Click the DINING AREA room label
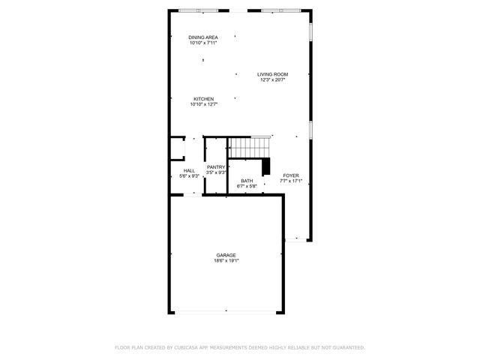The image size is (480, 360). tap(203, 37)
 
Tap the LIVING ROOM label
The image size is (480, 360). tap(273, 74)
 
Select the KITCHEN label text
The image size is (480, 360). tap(204, 99)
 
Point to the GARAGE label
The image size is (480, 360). tap(226, 256)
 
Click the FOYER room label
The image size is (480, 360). tap(290, 175)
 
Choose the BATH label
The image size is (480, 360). tap(247, 181)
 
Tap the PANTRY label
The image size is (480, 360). tap(216, 167)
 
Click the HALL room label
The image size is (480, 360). tap(189, 171)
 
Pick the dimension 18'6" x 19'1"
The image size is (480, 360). tap(226, 262)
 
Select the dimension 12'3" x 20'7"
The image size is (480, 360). tap(273, 80)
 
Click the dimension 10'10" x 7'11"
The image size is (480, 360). tap(203, 43)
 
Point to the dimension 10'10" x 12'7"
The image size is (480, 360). tap(204, 105)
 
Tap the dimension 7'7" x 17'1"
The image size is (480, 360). tap(290, 181)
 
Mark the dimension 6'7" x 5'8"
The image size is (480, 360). tap(247, 187)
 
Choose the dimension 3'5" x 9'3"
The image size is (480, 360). tap(216, 173)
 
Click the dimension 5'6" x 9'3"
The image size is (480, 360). tap(189, 177)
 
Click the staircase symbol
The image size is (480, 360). tap(249, 148)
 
